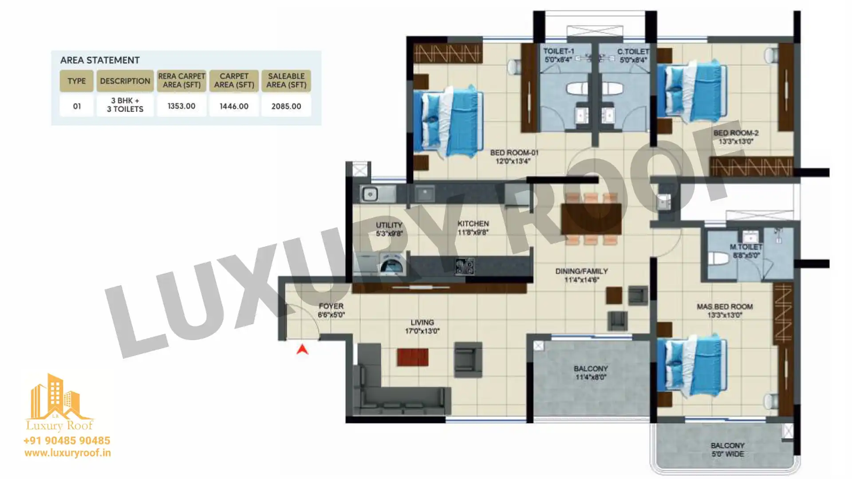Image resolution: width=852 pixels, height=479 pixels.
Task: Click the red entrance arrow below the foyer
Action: coord(302,349)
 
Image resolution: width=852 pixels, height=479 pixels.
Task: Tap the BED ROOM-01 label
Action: coord(514,157)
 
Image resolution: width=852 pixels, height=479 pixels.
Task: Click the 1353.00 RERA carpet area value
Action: coord(181,106)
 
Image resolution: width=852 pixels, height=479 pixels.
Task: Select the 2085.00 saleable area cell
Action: coord(286,106)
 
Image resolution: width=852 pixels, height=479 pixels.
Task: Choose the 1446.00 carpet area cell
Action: coord(234,106)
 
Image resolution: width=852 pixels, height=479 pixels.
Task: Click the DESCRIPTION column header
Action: coord(125,81)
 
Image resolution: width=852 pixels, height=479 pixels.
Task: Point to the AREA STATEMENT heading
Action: coord(100,60)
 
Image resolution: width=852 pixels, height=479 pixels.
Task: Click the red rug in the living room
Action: coord(413,357)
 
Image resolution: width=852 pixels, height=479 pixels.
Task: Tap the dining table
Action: coord(591,219)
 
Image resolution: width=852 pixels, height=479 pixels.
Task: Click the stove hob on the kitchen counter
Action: coord(465,266)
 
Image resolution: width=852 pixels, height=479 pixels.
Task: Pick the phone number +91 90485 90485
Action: coord(67,440)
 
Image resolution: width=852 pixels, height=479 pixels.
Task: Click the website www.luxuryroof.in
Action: coord(67,453)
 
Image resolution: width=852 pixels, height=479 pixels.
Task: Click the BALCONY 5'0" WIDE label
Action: coord(728,449)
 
